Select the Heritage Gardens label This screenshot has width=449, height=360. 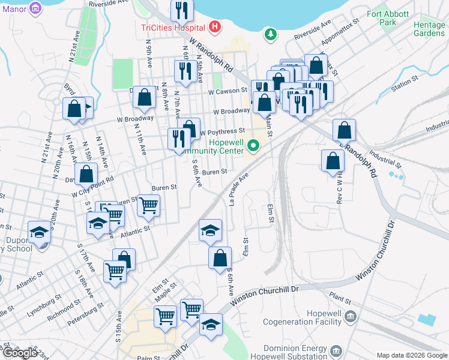click(429, 29)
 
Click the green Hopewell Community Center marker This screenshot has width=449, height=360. click(253, 145)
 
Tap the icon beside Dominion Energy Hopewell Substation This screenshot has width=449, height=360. click(336, 350)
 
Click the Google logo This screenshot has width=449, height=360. click(20, 353)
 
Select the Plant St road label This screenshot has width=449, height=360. click(340, 298)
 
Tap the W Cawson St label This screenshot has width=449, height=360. click(228, 91)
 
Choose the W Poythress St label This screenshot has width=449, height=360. click(223, 131)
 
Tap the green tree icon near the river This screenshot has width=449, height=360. click(271, 34)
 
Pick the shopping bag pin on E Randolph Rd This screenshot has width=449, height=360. click(345, 129)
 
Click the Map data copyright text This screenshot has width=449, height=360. click(412, 355)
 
